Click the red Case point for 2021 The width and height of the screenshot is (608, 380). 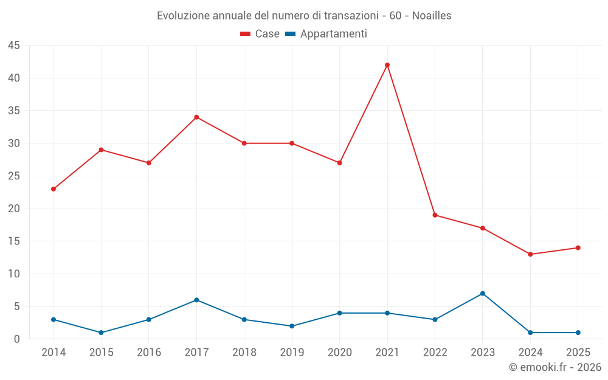click(387, 65)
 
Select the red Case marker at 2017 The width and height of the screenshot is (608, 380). click(196, 117)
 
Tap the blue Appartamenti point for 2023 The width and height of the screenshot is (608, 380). click(483, 294)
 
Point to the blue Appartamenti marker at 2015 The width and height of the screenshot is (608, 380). click(101, 333)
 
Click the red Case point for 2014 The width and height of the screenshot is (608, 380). click(54, 189)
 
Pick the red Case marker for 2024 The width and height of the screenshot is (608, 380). click(530, 254)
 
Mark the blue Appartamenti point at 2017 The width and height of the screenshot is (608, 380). click(196, 300)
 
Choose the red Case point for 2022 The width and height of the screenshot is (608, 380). click(435, 215)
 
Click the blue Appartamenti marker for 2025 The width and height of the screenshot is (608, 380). click(578, 333)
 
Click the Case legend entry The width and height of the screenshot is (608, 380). click(260, 34)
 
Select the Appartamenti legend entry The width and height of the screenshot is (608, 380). click(326, 34)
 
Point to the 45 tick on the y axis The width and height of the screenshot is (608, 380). click(14, 46)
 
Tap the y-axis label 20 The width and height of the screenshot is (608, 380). click(14, 209)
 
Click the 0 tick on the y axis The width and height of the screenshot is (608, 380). click(17, 339)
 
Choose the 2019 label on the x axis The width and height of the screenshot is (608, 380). click(292, 353)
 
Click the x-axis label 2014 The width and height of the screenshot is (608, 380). click(54, 353)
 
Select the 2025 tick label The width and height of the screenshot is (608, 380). click(578, 353)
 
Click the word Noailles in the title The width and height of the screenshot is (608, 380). click(432, 16)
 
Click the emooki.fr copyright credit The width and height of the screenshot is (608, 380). click(555, 367)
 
